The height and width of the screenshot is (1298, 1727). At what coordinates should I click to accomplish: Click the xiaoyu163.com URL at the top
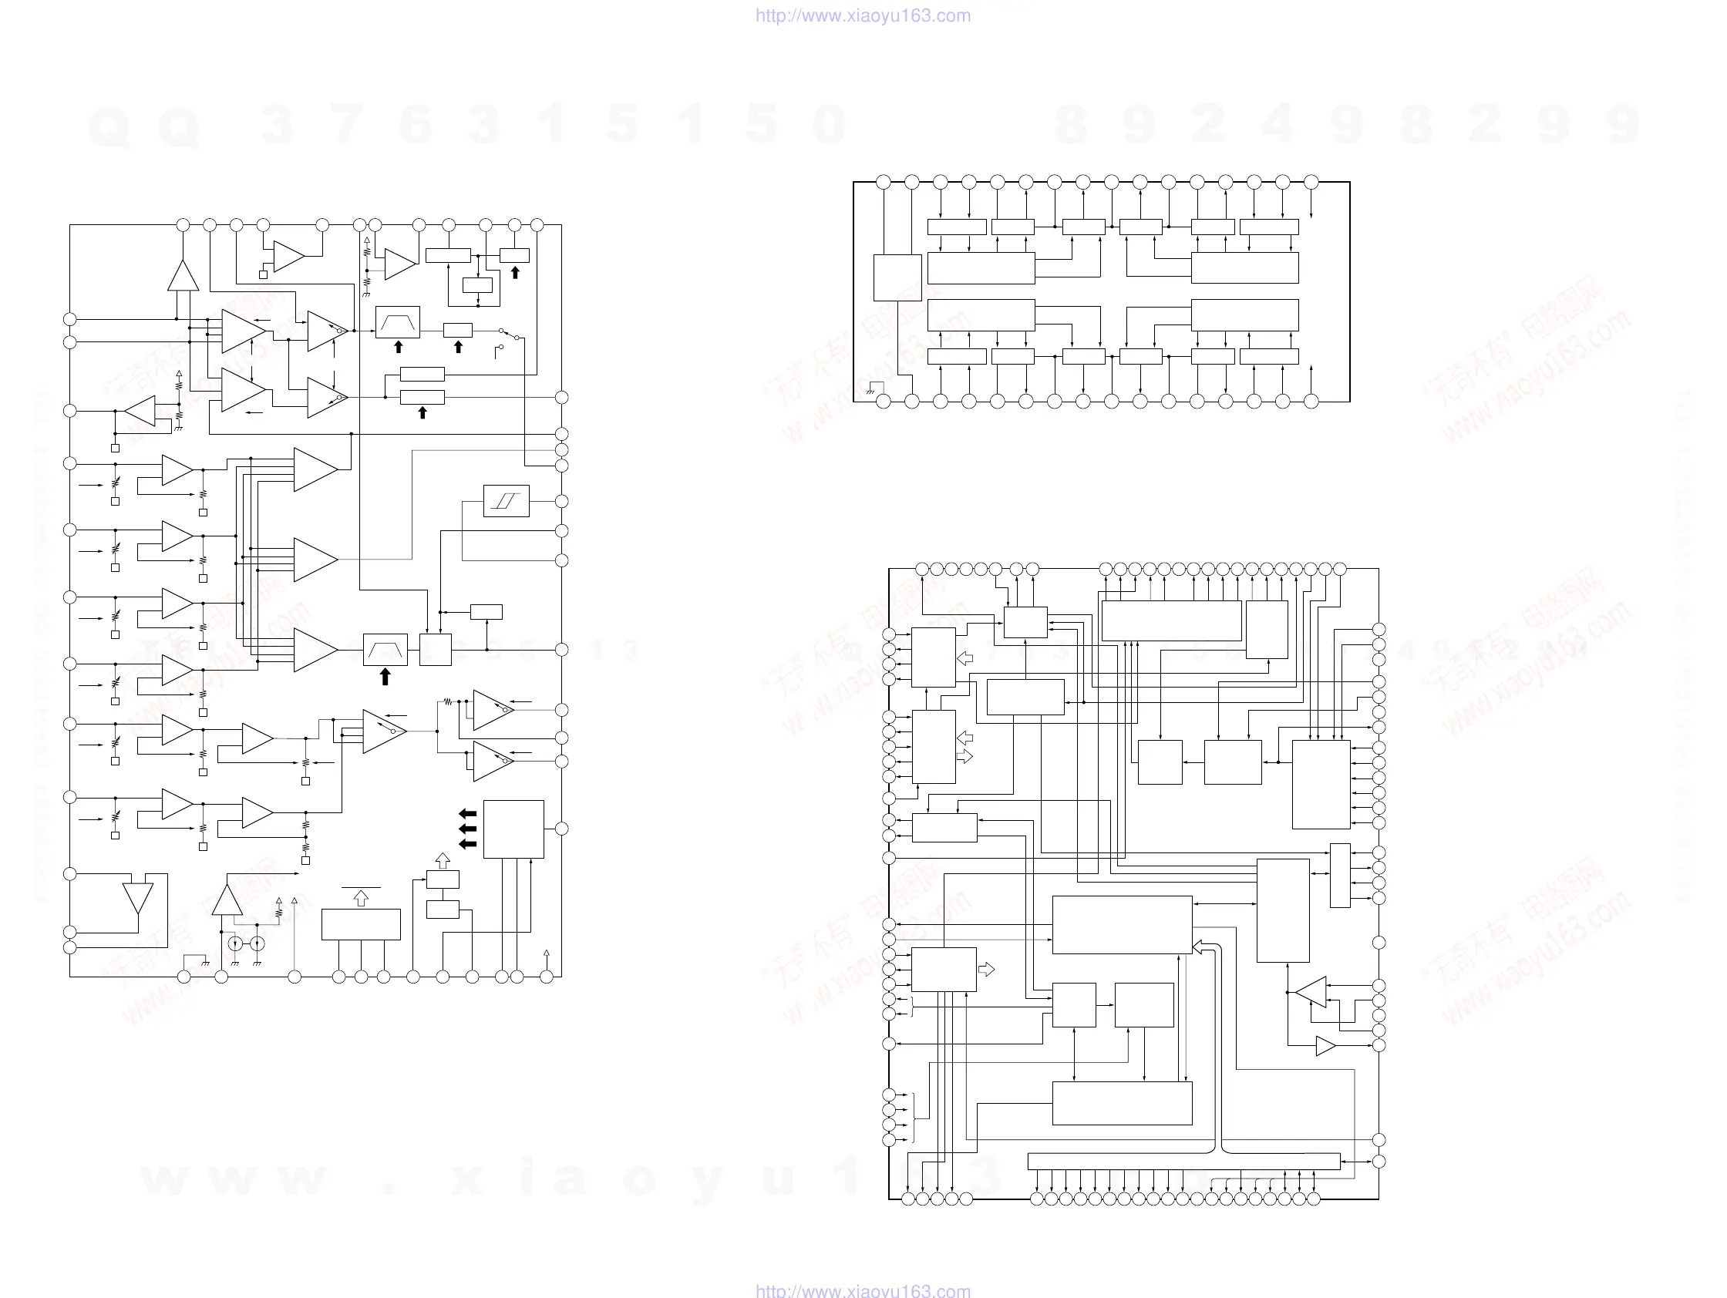click(863, 15)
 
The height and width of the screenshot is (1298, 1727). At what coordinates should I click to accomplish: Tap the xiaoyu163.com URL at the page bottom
click(863, 1290)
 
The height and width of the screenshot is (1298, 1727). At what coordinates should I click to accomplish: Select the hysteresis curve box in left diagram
click(506, 501)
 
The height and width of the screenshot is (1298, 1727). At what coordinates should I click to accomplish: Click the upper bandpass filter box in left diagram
click(397, 321)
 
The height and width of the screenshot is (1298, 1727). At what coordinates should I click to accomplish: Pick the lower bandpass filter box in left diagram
click(385, 650)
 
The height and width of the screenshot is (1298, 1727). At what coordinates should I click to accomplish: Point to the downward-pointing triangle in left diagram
click(138, 898)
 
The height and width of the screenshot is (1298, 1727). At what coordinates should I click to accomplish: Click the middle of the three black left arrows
click(468, 829)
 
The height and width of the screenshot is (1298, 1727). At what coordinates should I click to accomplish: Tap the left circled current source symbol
click(235, 944)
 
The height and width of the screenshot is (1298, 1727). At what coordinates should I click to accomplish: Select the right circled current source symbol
click(257, 944)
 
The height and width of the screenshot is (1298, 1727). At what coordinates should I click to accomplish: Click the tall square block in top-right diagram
click(897, 277)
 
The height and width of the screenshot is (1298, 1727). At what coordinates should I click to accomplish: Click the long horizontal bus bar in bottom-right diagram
click(1183, 1162)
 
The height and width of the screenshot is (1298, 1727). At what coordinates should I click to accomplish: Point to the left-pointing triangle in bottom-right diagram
click(1311, 992)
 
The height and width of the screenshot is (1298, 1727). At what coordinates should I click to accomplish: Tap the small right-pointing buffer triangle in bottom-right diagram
click(1325, 1046)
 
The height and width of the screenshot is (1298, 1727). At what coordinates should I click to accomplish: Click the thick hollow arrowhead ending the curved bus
click(1197, 947)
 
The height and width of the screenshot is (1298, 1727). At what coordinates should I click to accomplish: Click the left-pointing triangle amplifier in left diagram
click(140, 412)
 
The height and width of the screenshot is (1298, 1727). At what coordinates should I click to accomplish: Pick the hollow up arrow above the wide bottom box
click(361, 900)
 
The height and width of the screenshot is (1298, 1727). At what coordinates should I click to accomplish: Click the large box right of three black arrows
click(513, 829)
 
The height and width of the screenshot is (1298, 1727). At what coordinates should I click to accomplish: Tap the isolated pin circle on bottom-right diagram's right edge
click(1379, 943)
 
